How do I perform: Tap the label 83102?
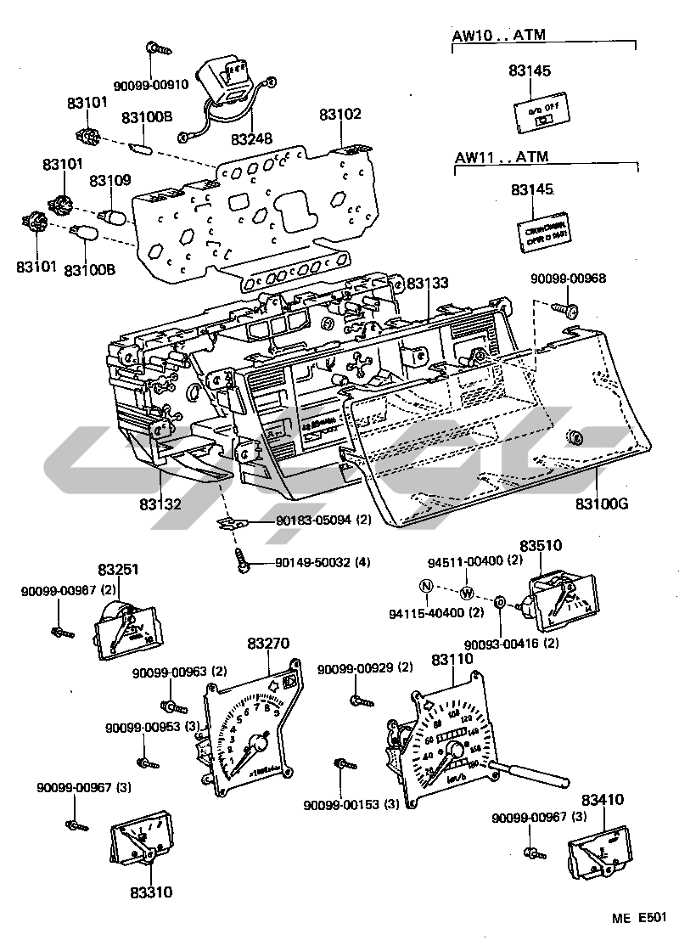340,115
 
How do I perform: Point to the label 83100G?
601,504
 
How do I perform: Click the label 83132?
160,504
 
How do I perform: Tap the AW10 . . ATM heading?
498,35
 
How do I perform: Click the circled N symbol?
426,586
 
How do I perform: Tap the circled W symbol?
466,592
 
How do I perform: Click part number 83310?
151,892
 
